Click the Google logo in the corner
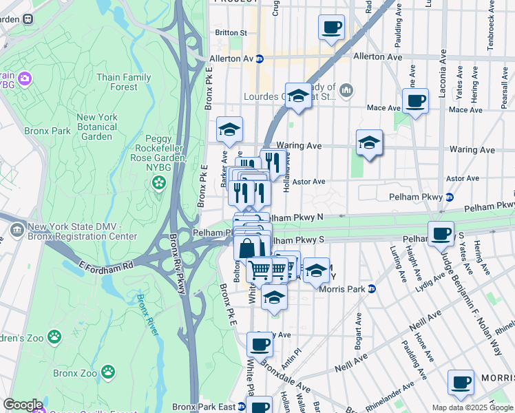[23, 405]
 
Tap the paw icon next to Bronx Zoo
[109, 372]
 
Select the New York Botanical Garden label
[97, 127]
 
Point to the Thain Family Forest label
[124, 82]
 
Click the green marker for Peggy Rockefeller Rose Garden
[159, 182]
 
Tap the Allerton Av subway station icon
[260, 59]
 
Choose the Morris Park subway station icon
[371, 288]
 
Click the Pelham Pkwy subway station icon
[449, 198]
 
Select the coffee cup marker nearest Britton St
[331, 28]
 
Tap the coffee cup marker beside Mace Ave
[415, 101]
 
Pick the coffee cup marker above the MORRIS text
[461, 382]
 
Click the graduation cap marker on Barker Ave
[230, 129]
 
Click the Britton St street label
[231, 32]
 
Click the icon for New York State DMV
[17, 229]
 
